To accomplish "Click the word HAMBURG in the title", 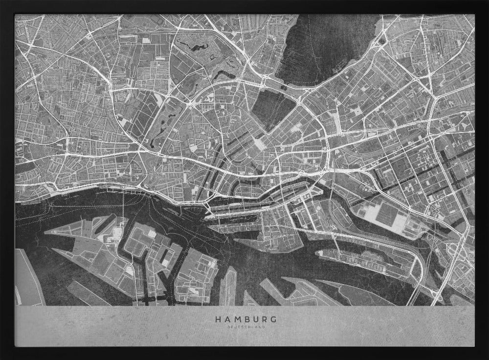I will (246, 319).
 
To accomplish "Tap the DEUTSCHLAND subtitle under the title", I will (246, 327).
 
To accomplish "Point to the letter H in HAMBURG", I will (217, 319).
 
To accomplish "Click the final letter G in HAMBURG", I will (275, 319).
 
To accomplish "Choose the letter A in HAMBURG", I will (226, 319).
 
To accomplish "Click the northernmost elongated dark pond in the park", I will (193, 47).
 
